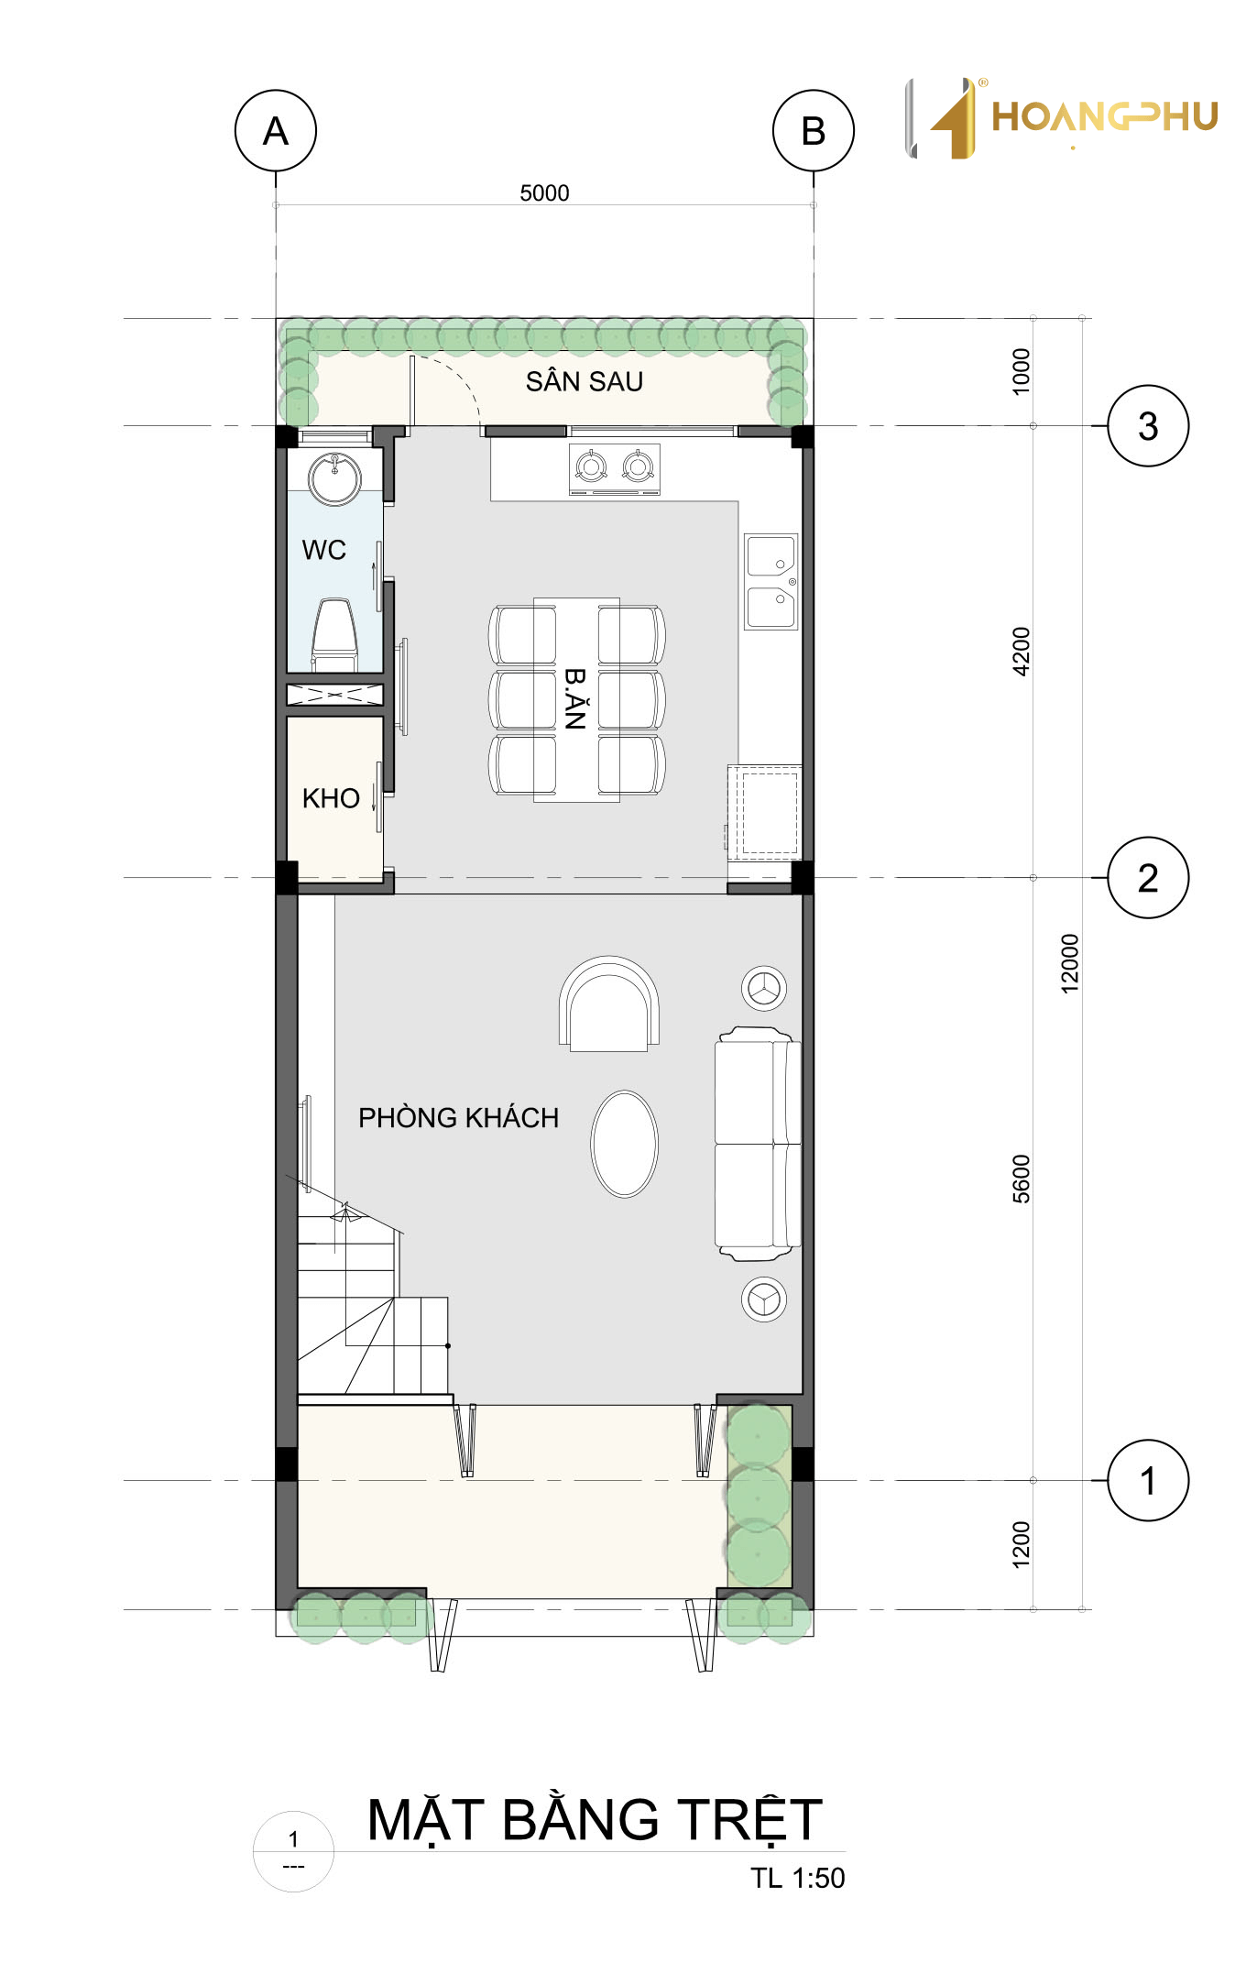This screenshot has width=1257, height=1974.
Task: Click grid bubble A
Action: tap(276, 131)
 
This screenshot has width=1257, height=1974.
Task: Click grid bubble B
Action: tap(814, 131)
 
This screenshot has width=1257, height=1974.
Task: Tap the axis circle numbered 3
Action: tap(1148, 426)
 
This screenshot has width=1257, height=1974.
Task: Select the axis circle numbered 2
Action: tap(1148, 878)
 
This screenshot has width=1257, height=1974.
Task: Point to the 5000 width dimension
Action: tap(544, 193)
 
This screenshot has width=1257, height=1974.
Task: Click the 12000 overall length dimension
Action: tap(1069, 963)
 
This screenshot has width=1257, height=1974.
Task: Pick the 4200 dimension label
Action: tap(1021, 652)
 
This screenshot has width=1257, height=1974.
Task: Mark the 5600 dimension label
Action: tap(1021, 1179)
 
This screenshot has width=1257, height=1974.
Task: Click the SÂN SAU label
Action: tap(585, 380)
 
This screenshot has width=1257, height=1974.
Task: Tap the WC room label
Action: tap(324, 550)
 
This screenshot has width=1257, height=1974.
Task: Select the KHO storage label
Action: tap(331, 798)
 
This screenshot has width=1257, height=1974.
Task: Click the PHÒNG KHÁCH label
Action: tap(458, 1117)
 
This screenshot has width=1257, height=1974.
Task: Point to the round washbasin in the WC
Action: tap(334, 477)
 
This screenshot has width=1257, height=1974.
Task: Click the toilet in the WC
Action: tap(334, 634)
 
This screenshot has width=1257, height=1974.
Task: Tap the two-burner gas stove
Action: tap(615, 469)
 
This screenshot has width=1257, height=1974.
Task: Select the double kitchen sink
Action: tap(771, 582)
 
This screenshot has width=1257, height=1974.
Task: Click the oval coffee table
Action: tap(625, 1144)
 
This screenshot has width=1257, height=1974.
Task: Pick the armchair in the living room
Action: tap(609, 1004)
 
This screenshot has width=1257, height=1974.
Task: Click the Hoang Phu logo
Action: tap(1062, 118)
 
